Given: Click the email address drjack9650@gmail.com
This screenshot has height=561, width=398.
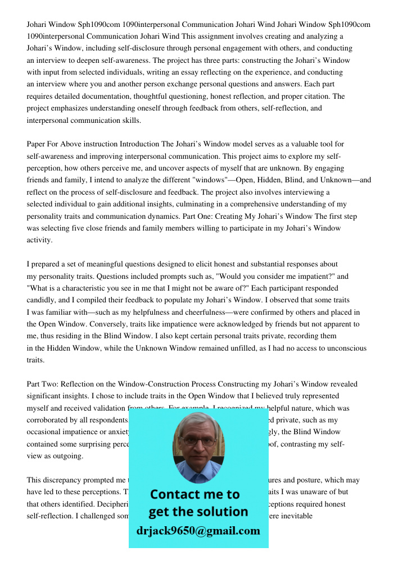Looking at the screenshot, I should click(x=198, y=531).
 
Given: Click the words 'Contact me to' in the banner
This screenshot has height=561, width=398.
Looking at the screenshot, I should click(x=195, y=494).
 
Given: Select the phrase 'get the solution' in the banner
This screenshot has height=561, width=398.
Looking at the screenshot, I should click(x=198, y=512).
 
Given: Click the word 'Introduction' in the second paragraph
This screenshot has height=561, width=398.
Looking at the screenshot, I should click(x=139, y=144).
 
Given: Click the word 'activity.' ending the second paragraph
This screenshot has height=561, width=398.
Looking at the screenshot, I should click(x=39, y=240).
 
